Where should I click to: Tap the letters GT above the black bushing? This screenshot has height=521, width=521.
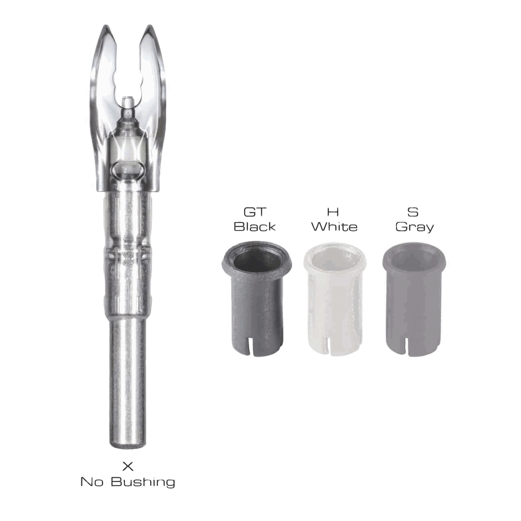(255, 212)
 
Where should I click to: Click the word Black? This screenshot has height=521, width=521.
(255, 227)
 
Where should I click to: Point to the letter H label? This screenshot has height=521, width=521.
(333, 212)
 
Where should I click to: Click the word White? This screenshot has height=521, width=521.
(335, 227)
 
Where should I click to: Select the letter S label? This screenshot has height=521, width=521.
(413, 212)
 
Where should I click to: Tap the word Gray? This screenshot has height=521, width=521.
(414, 228)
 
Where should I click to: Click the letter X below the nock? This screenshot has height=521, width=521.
(128, 466)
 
